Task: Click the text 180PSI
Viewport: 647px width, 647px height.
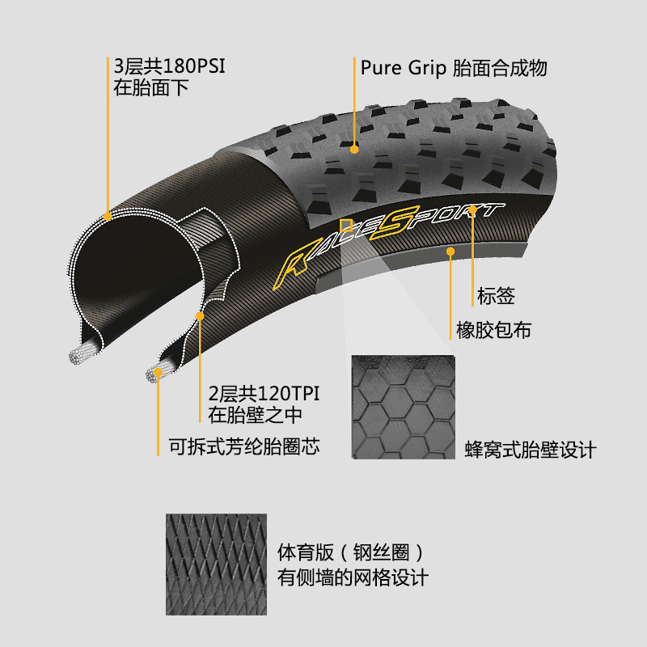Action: [194, 66]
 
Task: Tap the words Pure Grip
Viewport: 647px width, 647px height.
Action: [403, 68]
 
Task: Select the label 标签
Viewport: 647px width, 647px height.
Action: [496, 296]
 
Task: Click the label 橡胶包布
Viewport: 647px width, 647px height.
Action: [493, 330]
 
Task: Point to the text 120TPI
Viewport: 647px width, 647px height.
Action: [289, 394]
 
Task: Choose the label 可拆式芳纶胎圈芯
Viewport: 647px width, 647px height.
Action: [244, 446]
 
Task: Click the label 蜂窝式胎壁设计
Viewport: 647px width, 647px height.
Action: [531, 450]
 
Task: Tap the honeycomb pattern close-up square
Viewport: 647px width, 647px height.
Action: [403, 407]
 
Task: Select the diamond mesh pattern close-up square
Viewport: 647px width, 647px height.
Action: [216, 564]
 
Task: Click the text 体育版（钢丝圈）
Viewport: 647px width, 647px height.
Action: [351, 552]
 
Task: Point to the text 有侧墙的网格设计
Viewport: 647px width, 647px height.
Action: [353, 577]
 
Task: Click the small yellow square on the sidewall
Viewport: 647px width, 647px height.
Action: [346, 226]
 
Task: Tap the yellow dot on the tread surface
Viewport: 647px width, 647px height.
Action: [354, 150]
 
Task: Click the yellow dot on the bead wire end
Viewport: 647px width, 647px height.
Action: [158, 373]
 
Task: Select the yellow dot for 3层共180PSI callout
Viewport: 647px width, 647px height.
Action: [108, 216]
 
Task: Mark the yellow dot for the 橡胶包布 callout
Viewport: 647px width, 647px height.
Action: [450, 252]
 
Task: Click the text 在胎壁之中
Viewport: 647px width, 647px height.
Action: [255, 415]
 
